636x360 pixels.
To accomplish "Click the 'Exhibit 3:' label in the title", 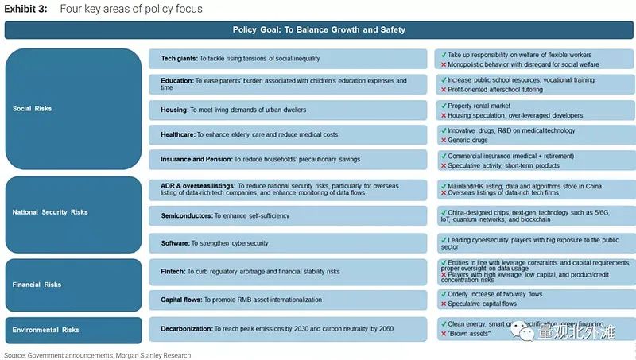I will (x=25, y=9).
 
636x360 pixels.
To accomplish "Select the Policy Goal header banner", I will (x=319, y=30).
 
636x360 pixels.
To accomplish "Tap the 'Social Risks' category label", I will (x=32, y=108).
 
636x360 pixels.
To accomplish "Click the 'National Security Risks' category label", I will (x=50, y=212).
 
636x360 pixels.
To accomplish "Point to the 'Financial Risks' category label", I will (x=37, y=284).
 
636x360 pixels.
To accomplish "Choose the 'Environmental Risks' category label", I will (x=45, y=330).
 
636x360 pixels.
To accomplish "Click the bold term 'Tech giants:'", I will (x=179, y=58).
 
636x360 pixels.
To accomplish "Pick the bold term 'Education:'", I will (x=176, y=80).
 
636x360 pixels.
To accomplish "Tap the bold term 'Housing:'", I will (x=174, y=110).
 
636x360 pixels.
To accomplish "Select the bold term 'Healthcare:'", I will (x=179, y=135).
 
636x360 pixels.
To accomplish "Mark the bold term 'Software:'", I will (x=175, y=242).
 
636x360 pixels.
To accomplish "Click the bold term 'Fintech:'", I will (x=173, y=271).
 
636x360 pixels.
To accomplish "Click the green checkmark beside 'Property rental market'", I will (x=442, y=106).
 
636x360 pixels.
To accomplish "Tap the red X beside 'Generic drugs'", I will (x=442, y=141).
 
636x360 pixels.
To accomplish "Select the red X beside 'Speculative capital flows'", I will (x=442, y=304).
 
